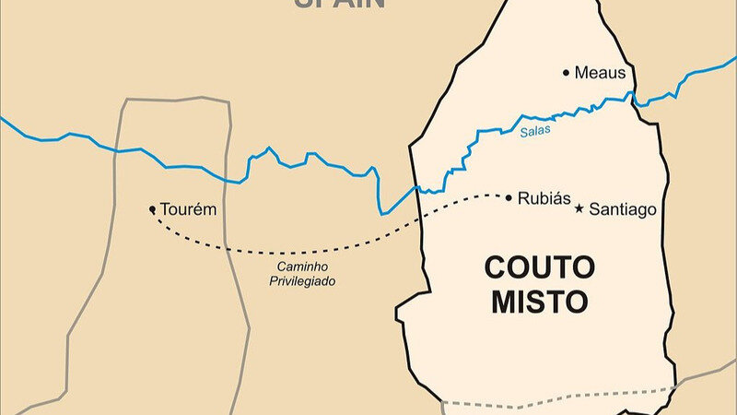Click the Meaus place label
(x=600, y=72)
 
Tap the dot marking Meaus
(x=567, y=72)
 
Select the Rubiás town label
(x=544, y=198)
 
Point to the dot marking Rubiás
(x=509, y=196)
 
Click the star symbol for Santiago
(x=579, y=208)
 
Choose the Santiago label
(x=623, y=209)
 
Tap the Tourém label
(x=188, y=209)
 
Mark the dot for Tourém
(x=153, y=209)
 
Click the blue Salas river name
(x=533, y=132)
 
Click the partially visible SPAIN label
(x=338, y=4)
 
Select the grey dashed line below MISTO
(x=553, y=403)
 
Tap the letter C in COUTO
(x=496, y=268)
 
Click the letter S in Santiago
(x=594, y=209)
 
